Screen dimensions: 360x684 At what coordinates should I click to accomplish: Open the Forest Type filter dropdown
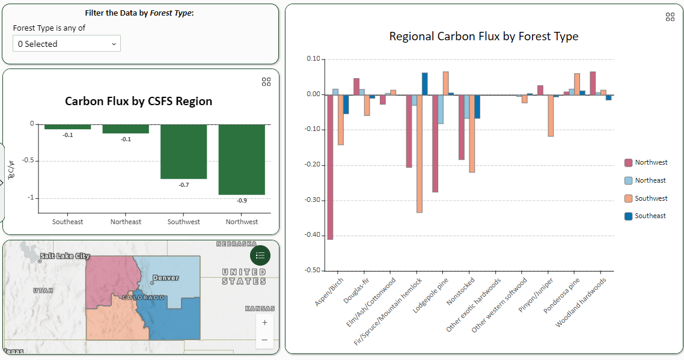pos(66,44)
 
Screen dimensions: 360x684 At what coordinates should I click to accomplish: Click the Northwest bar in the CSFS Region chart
pos(242,159)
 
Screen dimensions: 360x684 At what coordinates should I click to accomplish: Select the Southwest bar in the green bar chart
pos(183,151)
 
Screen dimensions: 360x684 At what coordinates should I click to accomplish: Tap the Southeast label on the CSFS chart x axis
pos(67,222)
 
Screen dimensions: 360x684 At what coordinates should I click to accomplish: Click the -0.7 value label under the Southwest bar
pos(183,185)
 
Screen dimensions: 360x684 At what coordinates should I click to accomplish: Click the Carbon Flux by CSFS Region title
pos(138,101)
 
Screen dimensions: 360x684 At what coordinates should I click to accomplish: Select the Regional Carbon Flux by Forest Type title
pos(483,36)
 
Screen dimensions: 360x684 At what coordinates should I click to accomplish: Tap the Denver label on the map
pos(165,278)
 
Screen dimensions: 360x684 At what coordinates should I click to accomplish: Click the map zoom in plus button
pos(264,322)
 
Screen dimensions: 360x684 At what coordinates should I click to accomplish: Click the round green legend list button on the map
pos(260,255)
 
